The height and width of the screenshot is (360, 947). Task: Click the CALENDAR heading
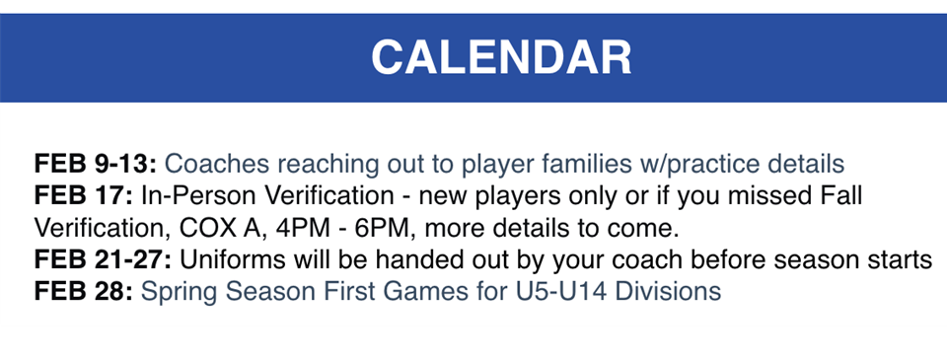pos(501,57)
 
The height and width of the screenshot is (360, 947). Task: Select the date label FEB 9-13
pos(96,163)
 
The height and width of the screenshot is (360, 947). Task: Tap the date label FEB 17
pos(82,195)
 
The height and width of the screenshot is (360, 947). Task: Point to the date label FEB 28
pos(82,292)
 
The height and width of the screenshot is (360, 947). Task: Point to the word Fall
pos(841,195)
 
